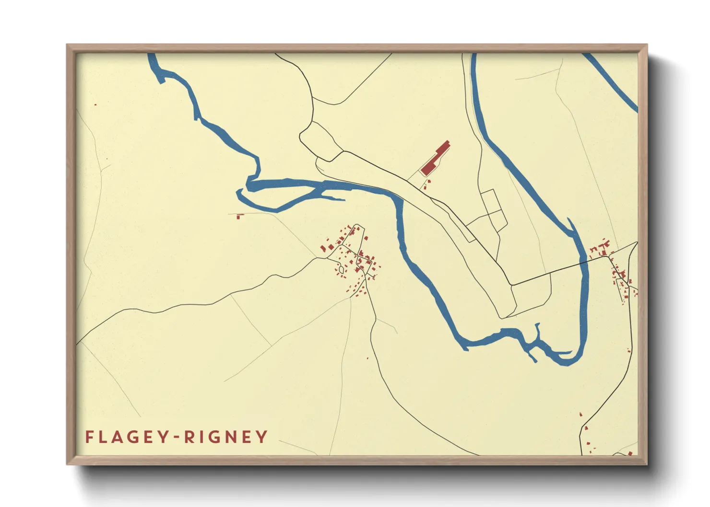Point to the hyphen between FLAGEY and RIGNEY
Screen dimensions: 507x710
point(177,437)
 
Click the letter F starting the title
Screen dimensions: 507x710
point(89,437)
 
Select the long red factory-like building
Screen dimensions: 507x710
point(435,159)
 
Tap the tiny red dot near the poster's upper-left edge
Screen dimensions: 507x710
point(95,104)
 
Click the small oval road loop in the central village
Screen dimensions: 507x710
point(342,270)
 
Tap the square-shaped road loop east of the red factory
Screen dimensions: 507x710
point(493,211)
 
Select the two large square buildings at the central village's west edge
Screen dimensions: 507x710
point(327,248)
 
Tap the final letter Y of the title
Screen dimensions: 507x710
point(262,437)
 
